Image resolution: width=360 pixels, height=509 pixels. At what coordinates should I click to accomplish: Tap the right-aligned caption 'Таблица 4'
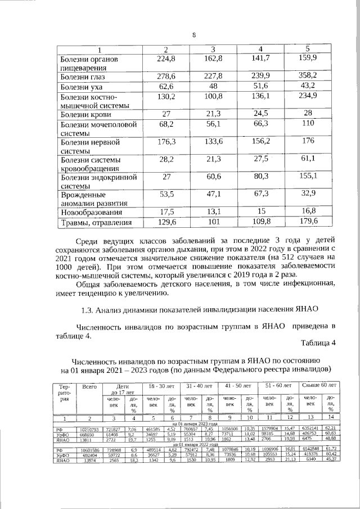point(318,343)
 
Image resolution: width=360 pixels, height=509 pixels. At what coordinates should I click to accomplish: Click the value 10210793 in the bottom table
point(89,429)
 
